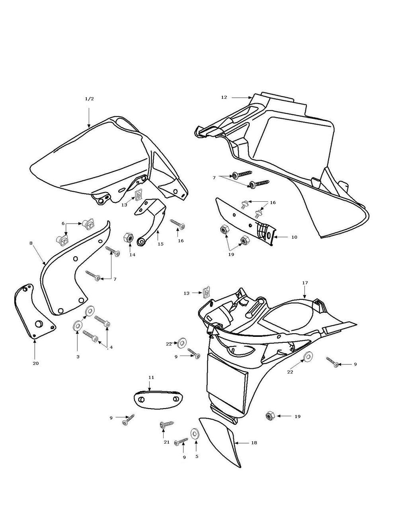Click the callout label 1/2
click(x=89, y=99)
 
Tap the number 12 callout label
click(x=224, y=97)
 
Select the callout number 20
click(x=35, y=363)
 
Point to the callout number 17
click(x=305, y=283)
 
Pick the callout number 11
click(x=151, y=377)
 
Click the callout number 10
click(x=294, y=237)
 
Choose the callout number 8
click(x=31, y=242)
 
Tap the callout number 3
click(x=78, y=356)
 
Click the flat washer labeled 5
click(x=195, y=433)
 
